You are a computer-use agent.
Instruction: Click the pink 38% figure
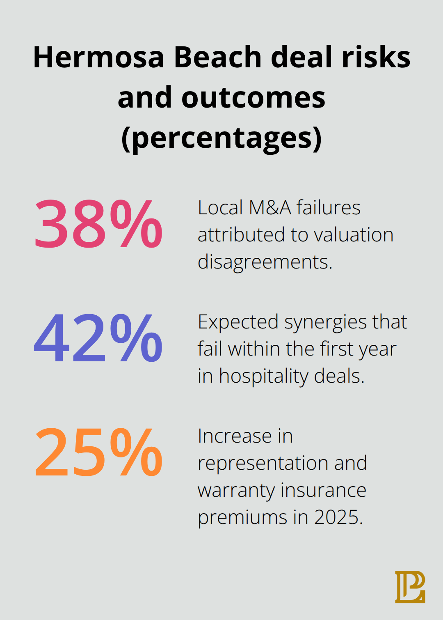tap(98, 224)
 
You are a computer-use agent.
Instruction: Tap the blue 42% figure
tap(98, 338)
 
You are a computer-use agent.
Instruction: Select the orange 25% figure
tap(98, 452)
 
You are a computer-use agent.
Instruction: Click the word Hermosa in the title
tap(98, 57)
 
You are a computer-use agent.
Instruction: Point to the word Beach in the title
tap(217, 57)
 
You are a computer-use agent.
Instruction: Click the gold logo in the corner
tap(410, 587)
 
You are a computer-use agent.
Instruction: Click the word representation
tap(263, 464)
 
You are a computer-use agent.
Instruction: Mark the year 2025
tap(338, 517)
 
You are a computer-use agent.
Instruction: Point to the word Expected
tap(238, 322)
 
